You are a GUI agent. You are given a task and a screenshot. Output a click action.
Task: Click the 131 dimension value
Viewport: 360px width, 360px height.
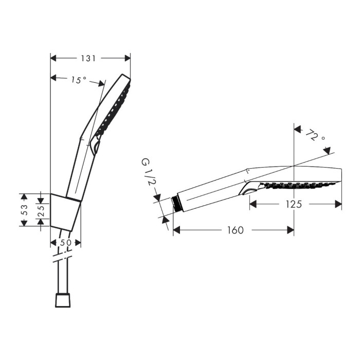pyautogui.click(x=88, y=59)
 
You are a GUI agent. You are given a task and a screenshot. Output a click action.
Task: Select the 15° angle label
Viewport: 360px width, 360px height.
pyautogui.click(x=79, y=80)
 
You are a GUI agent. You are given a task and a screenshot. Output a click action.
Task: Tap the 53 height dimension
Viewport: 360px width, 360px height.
pyautogui.click(x=24, y=210)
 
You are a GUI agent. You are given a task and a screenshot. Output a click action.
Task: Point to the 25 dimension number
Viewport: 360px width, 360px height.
pyautogui.click(x=41, y=211)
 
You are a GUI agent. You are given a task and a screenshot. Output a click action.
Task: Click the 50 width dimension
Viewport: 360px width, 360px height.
pyautogui.click(x=66, y=242)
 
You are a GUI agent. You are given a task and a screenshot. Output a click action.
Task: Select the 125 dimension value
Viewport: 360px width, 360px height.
pyautogui.click(x=294, y=204)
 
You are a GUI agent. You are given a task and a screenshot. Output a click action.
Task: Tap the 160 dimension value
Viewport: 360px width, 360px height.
pyautogui.click(x=235, y=230)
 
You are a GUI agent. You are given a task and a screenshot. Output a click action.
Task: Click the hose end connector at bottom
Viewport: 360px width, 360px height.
pyautogui.click(x=63, y=300)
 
